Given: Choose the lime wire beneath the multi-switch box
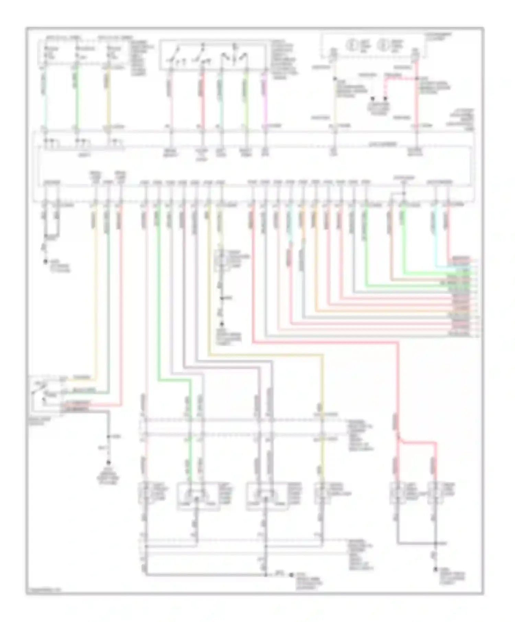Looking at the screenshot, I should click(246, 99).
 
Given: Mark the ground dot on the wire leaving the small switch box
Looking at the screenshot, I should click(108, 462).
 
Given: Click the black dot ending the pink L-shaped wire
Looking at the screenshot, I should click(385, 99).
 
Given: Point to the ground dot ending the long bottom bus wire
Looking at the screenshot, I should click(291, 575).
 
